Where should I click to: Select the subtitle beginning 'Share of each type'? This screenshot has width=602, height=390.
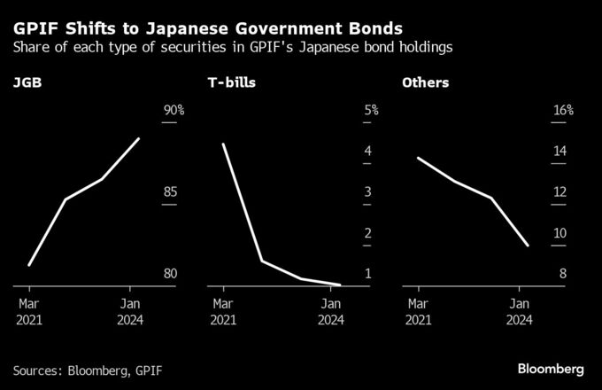(233, 46)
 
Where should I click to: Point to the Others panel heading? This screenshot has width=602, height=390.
(425, 83)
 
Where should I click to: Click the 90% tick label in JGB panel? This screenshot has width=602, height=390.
(174, 111)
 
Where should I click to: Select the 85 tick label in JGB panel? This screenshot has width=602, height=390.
(171, 192)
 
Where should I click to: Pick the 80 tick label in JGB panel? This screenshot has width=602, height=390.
(171, 274)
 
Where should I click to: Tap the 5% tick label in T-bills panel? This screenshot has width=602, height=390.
(371, 111)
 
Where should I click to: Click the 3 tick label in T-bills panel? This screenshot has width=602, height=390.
(367, 192)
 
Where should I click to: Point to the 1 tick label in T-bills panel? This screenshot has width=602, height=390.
(367, 274)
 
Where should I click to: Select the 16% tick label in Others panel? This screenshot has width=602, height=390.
(564, 111)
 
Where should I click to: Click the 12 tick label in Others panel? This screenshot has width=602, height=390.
(560, 192)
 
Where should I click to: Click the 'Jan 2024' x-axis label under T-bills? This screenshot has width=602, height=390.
(330, 310)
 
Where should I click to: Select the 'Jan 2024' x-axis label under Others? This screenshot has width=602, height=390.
(521, 310)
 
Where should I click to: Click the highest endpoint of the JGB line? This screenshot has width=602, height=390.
(139, 138)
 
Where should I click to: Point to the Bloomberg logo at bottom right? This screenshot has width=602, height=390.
(550, 368)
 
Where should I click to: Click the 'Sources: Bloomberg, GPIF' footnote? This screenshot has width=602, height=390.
(88, 369)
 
